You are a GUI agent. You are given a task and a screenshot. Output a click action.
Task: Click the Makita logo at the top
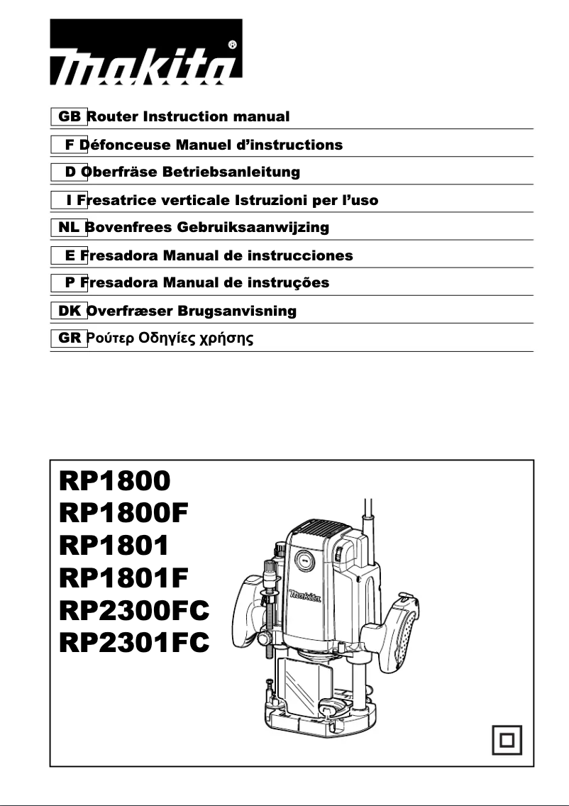(x=145, y=64)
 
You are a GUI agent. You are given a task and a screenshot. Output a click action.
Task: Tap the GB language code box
(x=69, y=116)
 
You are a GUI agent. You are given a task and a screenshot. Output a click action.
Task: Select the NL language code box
(x=69, y=228)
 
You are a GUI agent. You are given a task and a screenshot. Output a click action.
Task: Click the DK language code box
(x=69, y=311)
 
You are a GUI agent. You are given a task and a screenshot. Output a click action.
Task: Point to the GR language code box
(x=69, y=338)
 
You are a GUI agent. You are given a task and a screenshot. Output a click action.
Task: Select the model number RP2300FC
(x=135, y=610)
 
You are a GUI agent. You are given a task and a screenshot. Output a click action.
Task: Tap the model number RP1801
(x=115, y=546)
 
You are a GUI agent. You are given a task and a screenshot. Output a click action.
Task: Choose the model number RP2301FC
(x=135, y=643)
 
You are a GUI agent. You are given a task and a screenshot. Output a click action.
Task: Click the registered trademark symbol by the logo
(x=233, y=44)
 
